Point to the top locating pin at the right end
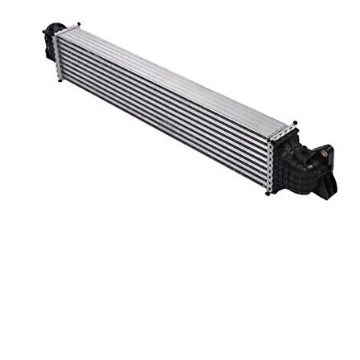pos(296,123)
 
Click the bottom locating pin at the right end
pos(271,193)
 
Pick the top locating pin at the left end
pos(78,24)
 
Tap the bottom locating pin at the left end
pos(58,81)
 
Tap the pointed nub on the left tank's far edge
pos(44,33)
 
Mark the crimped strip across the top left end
pos(69,31)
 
